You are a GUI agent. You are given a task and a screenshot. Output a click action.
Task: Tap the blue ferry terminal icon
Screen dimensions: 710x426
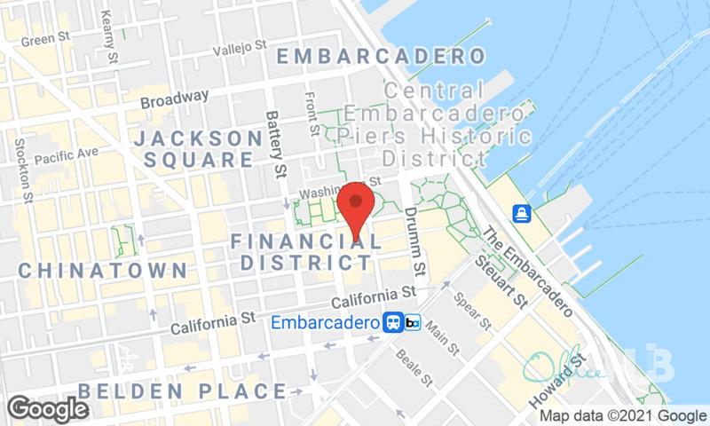(x=521, y=214)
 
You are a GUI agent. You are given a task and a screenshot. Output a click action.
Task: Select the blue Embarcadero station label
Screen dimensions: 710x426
(x=327, y=322)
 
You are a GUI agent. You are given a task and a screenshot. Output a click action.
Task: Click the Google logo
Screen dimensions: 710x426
(x=48, y=408)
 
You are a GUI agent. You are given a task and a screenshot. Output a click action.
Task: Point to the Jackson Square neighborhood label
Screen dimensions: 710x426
(x=198, y=149)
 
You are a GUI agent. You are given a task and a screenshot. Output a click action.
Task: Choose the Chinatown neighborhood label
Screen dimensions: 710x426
(x=103, y=270)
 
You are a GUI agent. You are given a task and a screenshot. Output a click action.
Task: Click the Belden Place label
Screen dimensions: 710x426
(x=181, y=390)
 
